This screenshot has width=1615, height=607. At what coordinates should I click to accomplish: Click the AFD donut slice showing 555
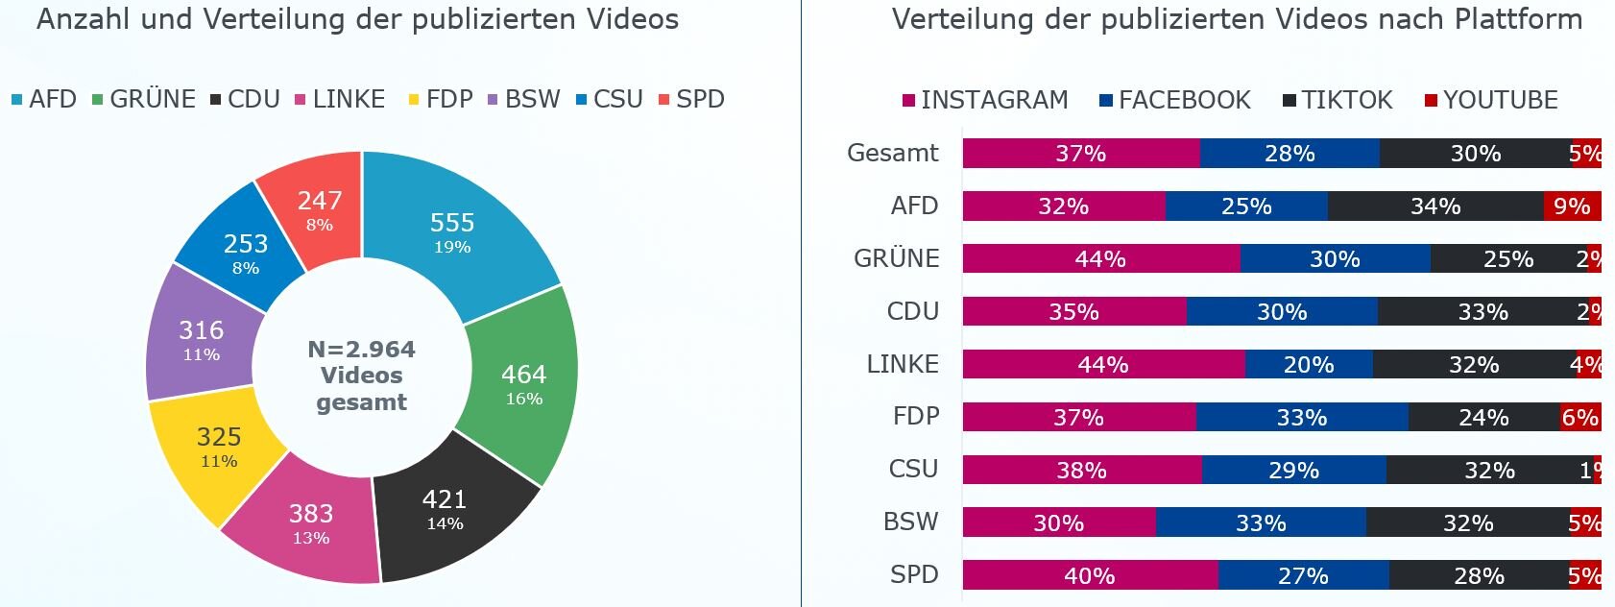tap(452, 231)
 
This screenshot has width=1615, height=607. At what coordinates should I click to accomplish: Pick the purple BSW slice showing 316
tap(202, 338)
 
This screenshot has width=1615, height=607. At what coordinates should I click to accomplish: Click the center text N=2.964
tap(361, 350)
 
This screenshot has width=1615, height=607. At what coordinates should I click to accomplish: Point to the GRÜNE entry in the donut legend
tap(144, 99)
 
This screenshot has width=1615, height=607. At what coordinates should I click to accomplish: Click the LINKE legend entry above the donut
tap(340, 99)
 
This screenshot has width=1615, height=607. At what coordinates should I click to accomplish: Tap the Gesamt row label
tap(893, 153)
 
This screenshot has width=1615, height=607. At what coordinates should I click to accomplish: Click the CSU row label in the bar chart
tap(913, 469)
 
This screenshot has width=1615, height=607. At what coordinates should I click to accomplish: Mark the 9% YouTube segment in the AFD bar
tap(1572, 206)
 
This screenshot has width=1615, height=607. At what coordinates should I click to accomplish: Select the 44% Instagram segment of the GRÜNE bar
tap(1100, 259)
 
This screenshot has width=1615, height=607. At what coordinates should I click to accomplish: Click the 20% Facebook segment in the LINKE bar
tap(1309, 365)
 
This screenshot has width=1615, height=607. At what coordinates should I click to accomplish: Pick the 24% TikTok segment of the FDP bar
tap(1483, 418)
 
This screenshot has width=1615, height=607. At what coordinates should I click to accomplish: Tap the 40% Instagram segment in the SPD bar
tap(1090, 576)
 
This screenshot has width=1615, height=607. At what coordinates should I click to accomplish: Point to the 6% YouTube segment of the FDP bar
tap(1579, 418)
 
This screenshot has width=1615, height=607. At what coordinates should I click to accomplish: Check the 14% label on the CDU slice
tap(445, 523)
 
